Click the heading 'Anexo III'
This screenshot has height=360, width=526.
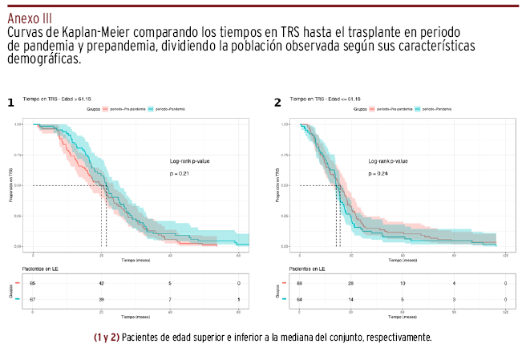31,18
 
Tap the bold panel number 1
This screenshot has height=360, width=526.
10,103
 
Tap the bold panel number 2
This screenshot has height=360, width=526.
277,103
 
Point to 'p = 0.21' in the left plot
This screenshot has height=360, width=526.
178,173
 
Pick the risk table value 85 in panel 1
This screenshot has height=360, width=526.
33,284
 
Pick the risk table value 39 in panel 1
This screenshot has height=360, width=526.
102,298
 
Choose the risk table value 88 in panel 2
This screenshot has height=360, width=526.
299,284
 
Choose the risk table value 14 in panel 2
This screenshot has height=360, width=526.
350,298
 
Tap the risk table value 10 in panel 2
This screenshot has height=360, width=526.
403,284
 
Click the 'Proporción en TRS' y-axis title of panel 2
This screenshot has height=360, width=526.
277,184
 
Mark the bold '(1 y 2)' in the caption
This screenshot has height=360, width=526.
107,338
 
